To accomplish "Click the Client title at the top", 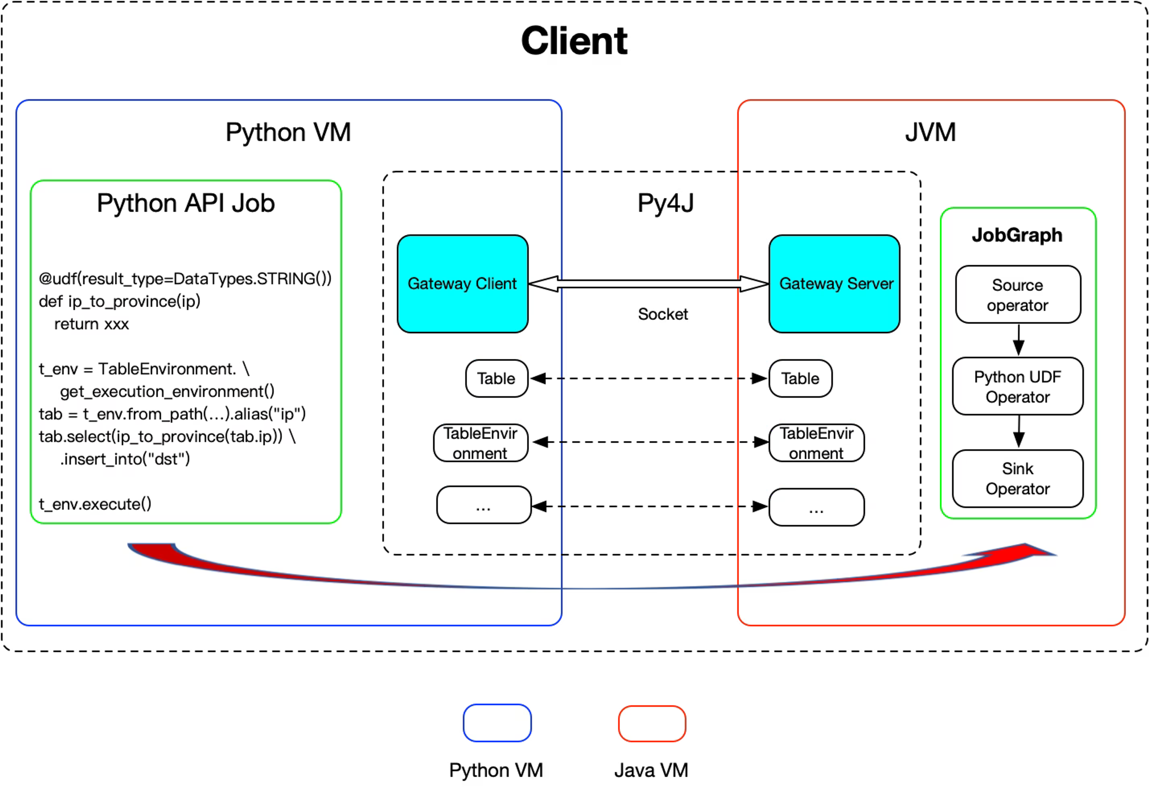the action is click(574, 41).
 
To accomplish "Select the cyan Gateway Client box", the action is click(462, 284).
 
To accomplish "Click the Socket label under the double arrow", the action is click(663, 314).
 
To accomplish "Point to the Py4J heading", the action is click(665, 203).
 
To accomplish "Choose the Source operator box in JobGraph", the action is click(1018, 295).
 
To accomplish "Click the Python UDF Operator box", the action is click(1018, 386).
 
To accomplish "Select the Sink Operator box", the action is click(1018, 479).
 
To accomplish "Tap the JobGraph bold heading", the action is click(1017, 235).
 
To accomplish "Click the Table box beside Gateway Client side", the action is click(497, 379).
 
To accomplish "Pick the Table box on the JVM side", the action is click(800, 379).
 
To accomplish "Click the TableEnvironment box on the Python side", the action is click(480, 443).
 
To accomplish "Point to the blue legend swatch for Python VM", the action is click(497, 723).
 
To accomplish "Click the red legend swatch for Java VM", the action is click(652, 723).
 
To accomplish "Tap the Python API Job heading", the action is click(186, 204).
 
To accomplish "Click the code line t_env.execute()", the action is click(95, 504).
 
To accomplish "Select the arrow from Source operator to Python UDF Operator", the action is click(1019, 340).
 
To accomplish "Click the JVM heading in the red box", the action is click(930, 133).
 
